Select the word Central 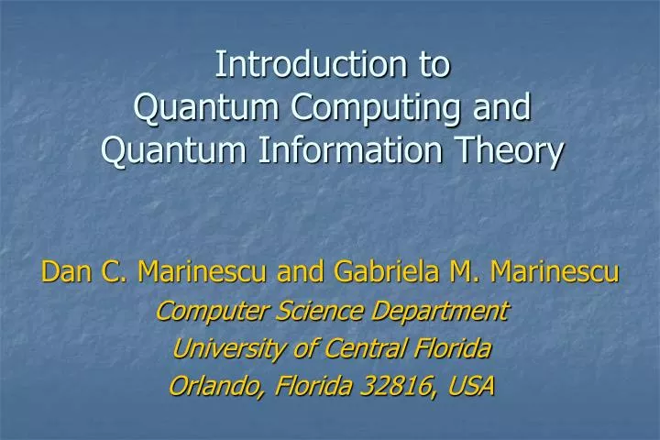(354, 348)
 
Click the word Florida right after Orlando (298, 386)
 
